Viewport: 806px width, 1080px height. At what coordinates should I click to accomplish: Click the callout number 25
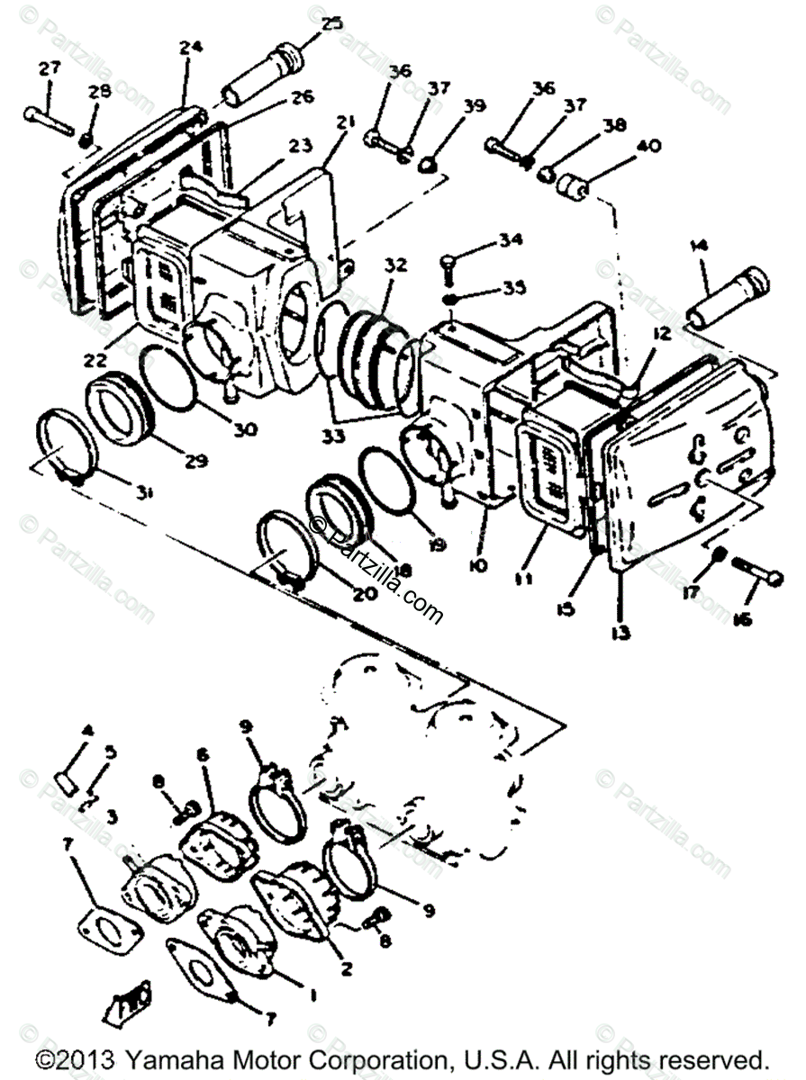click(x=333, y=25)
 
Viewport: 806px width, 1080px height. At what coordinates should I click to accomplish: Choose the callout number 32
click(x=394, y=266)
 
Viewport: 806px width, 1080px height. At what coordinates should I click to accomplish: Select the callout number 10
click(x=477, y=565)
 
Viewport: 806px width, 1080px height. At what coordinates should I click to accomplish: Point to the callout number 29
click(x=196, y=461)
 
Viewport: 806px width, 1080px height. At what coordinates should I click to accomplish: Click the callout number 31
click(x=144, y=491)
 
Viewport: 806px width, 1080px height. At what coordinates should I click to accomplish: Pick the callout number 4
click(x=87, y=731)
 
